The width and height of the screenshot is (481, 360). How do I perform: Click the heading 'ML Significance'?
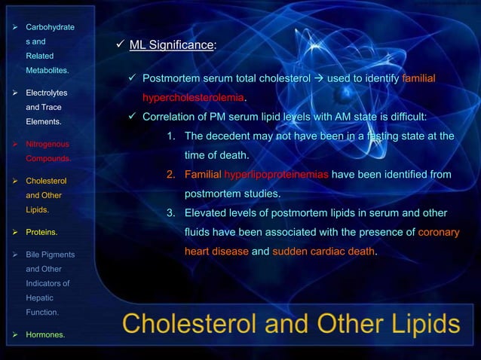(x=171, y=45)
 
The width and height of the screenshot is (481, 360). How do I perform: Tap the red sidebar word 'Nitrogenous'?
(x=47, y=143)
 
